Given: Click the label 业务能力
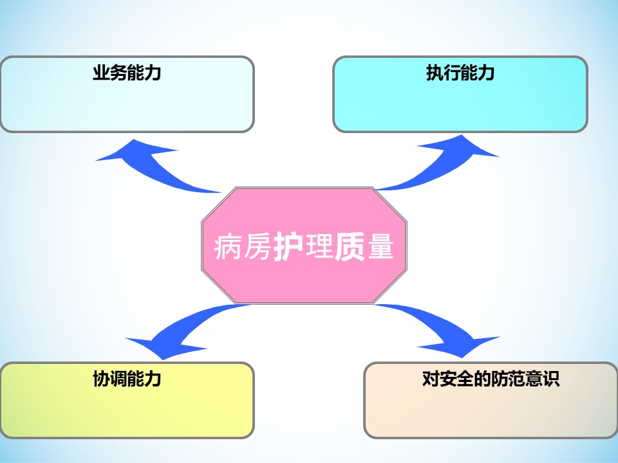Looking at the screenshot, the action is coord(127,73).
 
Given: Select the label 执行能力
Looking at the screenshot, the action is coord(460,73).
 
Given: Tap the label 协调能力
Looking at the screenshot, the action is coord(127,379).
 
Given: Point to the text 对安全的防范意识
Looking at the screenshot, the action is coord(491,379).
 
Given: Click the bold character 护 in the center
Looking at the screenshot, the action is coord(288,247).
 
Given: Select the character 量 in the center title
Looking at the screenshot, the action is coord(380,247).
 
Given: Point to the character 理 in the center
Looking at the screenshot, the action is coord(319,247).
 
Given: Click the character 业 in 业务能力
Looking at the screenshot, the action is coord(101,73).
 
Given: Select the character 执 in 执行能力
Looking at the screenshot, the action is coord(435,73).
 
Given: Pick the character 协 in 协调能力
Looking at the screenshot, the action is coord(101,379).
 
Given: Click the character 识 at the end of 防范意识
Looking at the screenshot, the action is coord(551,379).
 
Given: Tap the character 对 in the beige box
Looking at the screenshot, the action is coord(431,379).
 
